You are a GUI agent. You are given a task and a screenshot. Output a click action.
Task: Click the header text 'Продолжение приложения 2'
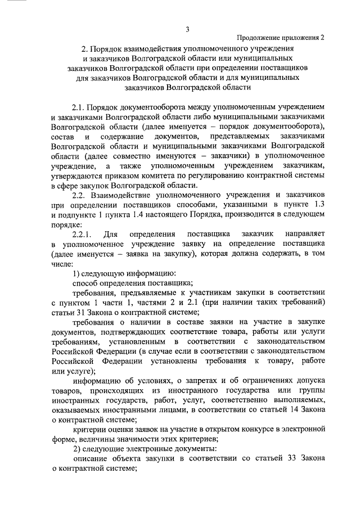pos(280,38)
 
